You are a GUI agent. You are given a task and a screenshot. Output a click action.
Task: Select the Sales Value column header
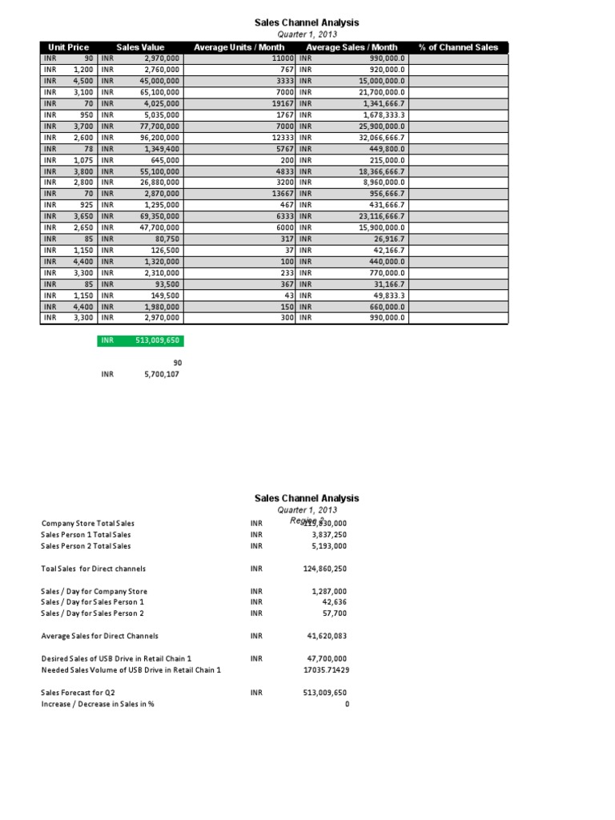tap(140, 47)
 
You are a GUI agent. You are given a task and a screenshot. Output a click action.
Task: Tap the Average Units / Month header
tap(239, 47)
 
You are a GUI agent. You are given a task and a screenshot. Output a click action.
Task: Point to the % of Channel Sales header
tap(458, 47)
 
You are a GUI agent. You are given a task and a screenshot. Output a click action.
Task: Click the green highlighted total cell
tap(140, 340)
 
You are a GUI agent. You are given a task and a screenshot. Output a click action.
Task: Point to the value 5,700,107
tap(159, 373)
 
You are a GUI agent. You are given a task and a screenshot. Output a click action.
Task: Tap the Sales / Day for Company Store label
tap(94, 591)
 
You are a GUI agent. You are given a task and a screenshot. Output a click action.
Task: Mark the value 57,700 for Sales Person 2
tap(333, 613)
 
